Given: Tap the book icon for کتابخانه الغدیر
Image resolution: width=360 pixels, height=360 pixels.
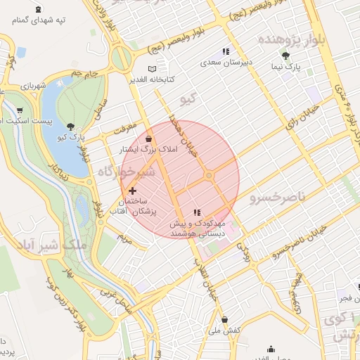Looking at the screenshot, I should point(153,70).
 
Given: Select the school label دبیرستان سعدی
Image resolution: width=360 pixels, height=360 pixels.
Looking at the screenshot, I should point(226,63).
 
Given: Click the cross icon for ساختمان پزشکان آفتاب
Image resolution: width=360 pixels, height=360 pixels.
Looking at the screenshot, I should point(132,191).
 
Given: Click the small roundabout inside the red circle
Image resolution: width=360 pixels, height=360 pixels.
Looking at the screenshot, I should point(209,175).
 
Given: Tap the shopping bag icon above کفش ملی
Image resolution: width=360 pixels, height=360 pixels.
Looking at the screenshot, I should point(224,319).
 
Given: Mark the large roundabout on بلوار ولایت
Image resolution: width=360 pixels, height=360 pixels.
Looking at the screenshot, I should point(121,58).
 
